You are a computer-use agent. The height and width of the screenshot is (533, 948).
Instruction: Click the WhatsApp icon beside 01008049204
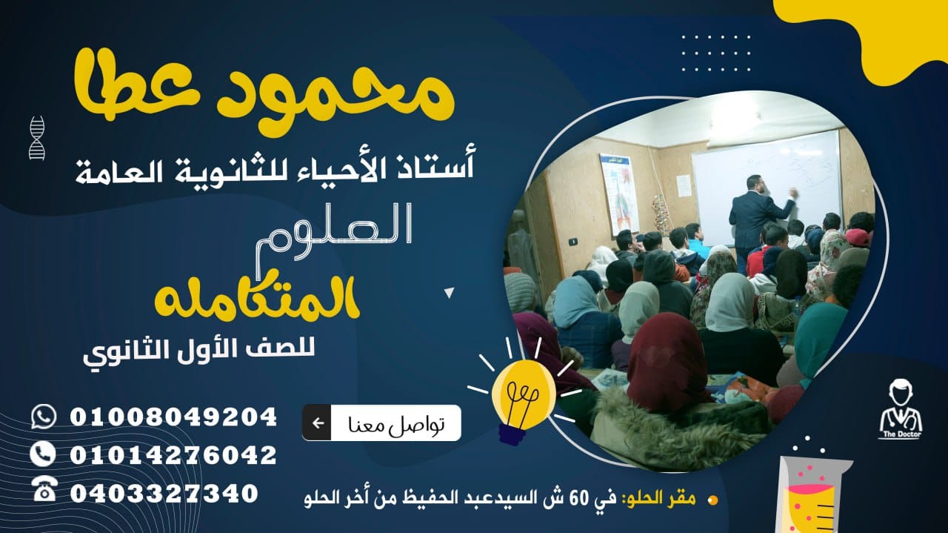click(x=44, y=417)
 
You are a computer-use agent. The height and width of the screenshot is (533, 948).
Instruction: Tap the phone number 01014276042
click(x=173, y=455)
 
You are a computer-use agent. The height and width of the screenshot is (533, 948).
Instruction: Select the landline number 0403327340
click(x=164, y=493)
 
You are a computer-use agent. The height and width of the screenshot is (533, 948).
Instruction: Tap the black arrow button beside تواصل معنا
click(x=317, y=423)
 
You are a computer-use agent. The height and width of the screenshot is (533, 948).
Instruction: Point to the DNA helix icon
click(x=37, y=138)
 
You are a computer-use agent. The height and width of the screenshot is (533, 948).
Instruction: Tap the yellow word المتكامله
click(x=257, y=299)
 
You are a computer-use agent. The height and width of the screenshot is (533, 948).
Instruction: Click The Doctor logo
click(x=900, y=409)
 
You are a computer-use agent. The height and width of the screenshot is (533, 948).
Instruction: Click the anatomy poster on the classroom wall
click(x=618, y=193)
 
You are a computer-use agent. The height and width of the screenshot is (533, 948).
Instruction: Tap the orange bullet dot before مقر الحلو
click(x=712, y=500)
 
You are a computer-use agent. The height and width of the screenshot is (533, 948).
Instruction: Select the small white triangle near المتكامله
click(x=449, y=293)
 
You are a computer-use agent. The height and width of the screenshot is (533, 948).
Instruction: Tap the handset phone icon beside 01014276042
click(x=43, y=454)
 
